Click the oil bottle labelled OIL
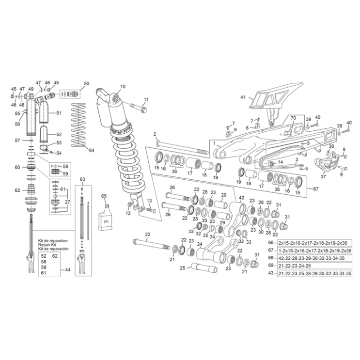[105, 219]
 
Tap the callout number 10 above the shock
[123, 86]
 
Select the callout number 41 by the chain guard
[243, 97]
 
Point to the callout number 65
[103, 196]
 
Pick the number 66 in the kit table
[271, 242]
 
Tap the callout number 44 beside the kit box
[67, 269]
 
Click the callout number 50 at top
[86, 84]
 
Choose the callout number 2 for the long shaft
[155, 134]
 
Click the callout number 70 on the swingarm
[293, 118]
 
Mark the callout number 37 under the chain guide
[324, 177]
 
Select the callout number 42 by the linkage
[241, 198]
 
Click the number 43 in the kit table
[271, 274]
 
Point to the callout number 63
[82, 180]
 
